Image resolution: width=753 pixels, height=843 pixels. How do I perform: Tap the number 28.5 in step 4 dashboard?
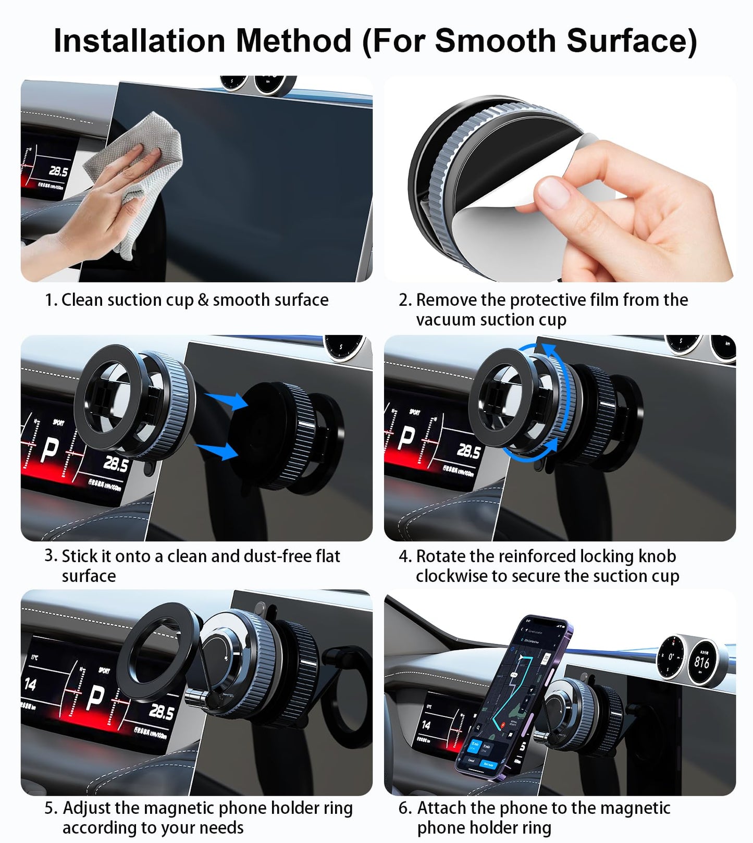pyautogui.click(x=467, y=451)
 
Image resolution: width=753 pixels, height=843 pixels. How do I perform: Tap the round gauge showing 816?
pyautogui.click(x=701, y=662)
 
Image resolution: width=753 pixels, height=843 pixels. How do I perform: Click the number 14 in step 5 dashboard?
pyautogui.click(x=30, y=684)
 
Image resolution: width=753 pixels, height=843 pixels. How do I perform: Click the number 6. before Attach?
pyautogui.click(x=405, y=808)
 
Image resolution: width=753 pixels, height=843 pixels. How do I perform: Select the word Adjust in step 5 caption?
pyautogui.click(x=87, y=808)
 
